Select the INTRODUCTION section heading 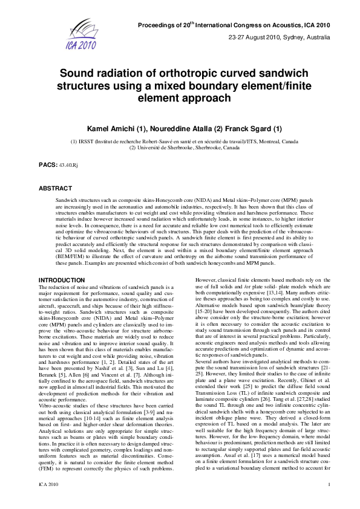(x=62, y=280)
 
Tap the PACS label (x=48, y=164)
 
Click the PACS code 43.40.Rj (x=68, y=164)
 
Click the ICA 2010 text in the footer (x=48, y=501)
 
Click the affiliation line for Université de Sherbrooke (x=180, y=147)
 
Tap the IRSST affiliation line (x=180, y=141)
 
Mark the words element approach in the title (x=180, y=97)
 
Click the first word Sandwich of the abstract (x=67, y=199)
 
